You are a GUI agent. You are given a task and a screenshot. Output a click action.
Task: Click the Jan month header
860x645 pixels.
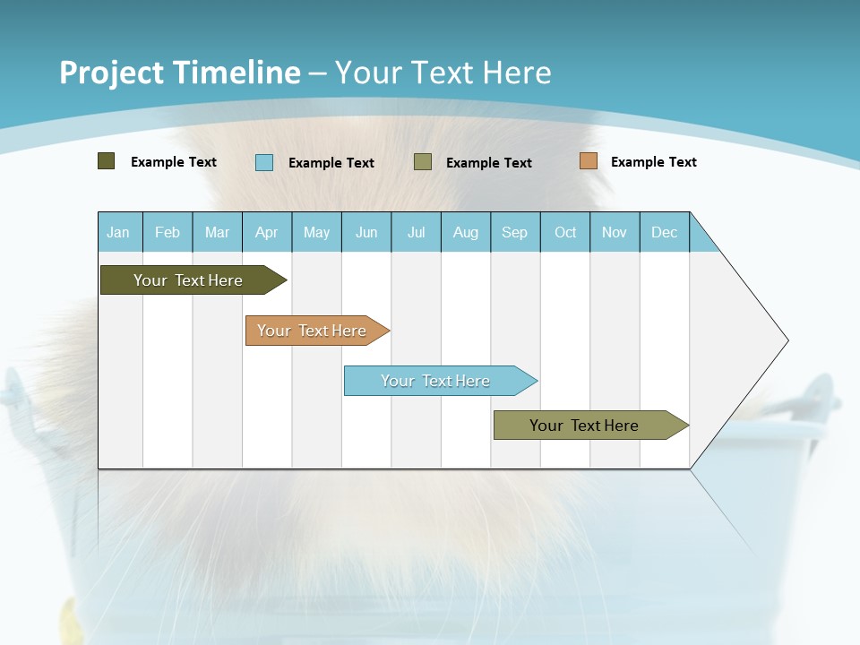click(119, 232)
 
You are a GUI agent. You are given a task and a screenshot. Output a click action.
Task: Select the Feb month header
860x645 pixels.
click(168, 232)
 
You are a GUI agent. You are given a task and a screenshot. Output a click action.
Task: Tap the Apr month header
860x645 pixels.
click(267, 232)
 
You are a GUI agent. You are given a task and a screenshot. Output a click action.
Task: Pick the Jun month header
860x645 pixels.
click(366, 232)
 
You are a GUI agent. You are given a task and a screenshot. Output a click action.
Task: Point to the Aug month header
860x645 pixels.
click(466, 232)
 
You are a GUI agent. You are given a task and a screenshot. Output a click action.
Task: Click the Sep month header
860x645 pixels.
click(515, 232)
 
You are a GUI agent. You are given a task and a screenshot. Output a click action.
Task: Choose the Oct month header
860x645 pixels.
click(565, 232)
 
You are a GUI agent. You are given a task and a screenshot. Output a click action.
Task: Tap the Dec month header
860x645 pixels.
click(665, 232)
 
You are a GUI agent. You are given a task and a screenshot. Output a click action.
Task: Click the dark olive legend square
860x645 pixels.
click(107, 161)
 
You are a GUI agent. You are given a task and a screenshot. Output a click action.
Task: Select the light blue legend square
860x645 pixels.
click(264, 162)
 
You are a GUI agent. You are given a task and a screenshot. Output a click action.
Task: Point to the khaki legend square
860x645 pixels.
click(423, 162)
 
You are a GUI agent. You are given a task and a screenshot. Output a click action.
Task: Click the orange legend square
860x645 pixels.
click(589, 161)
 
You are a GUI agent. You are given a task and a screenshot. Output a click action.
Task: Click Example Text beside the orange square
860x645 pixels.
click(654, 162)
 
